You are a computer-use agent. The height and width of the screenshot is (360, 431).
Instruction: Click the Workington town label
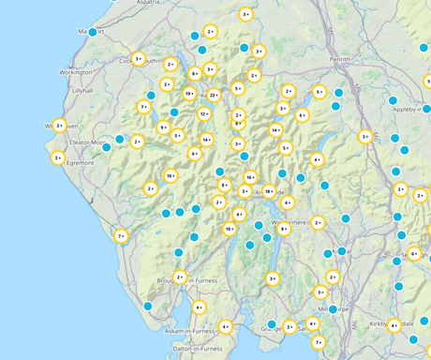click(76, 72)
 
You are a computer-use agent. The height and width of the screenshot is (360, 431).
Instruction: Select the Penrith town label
click(339, 58)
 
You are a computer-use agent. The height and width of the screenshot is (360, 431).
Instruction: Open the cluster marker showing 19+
click(189, 94)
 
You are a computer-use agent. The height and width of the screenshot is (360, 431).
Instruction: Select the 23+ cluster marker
click(215, 95)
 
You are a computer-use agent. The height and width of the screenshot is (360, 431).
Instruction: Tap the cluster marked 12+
click(204, 113)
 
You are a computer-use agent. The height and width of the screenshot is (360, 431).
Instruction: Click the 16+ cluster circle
click(250, 177)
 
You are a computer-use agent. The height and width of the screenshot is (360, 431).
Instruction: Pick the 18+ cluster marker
click(269, 191)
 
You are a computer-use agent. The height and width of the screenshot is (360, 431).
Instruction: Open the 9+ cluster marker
click(164, 127)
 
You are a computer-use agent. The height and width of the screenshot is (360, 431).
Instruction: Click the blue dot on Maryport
click(93, 32)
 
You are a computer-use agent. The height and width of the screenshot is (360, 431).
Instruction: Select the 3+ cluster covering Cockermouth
click(139, 58)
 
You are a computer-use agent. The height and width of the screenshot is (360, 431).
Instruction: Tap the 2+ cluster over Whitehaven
click(59, 125)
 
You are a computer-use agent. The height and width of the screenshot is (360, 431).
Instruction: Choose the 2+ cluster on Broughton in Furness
click(180, 277)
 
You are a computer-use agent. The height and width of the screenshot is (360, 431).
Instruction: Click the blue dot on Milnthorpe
click(333, 308)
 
